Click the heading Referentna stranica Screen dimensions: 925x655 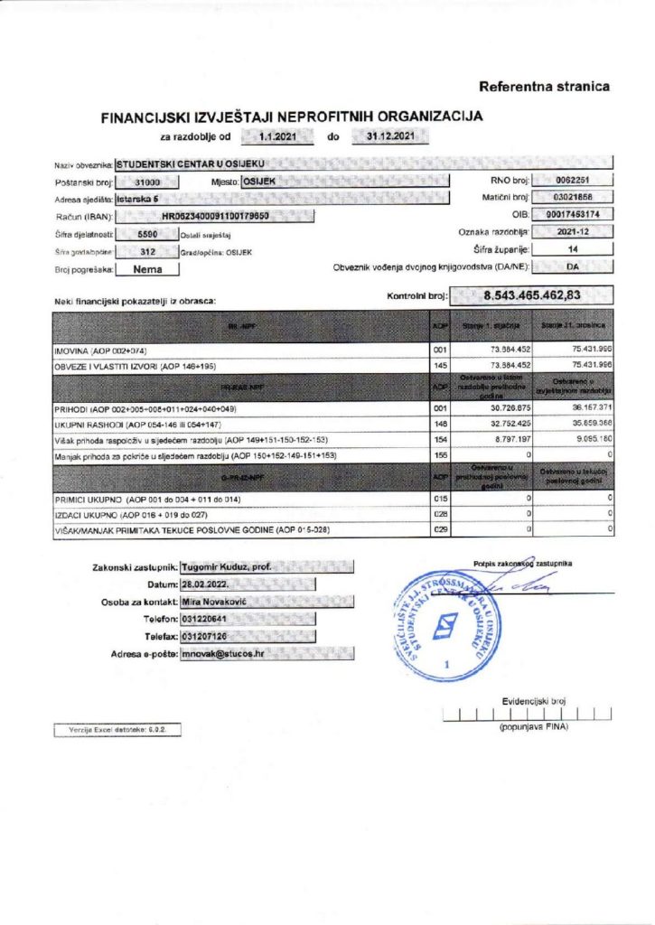pos(544,87)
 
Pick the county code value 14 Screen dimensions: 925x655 pos(572,248)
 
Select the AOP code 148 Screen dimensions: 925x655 pos(441,425)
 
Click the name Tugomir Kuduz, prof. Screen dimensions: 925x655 pos(226,566)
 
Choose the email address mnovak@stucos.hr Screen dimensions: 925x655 pos(222,652)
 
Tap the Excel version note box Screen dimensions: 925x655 pos(117,727)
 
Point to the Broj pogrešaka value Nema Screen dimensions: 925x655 pos(146,268)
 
